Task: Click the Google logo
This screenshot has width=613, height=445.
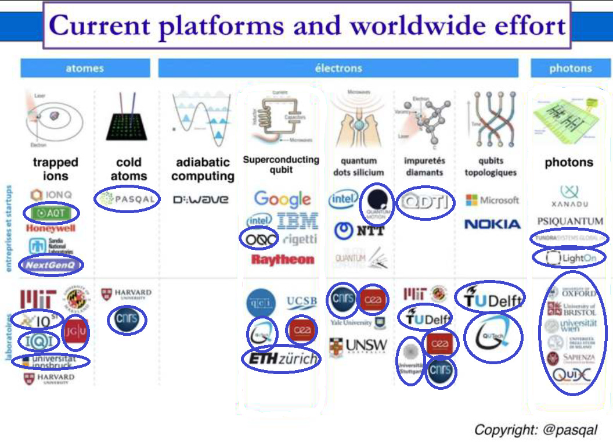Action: pos(282,200)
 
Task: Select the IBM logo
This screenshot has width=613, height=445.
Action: pos(297,221)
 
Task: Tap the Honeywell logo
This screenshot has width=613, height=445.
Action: pos(51,228)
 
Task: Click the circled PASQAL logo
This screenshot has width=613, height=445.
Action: pos(127,199)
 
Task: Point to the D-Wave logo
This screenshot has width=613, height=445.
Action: pos(201,200)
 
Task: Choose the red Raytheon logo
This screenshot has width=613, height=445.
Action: pos(283,259)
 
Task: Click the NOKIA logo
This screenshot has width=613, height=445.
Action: pos(492,224)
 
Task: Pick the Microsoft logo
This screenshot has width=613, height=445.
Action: pos(492,200)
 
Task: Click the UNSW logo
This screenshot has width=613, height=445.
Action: pos(358,346)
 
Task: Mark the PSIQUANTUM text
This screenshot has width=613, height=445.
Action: pos(570,221)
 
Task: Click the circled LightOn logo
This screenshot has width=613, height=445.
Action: pos(568,258)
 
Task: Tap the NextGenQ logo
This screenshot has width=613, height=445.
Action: pos(51,265)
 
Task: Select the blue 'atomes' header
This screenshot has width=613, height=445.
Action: pos(85,68)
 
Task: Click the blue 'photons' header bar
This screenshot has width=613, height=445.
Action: pos(570,68)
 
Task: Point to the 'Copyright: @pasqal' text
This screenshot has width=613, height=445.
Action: pos(535,430)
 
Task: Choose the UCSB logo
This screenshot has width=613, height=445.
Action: pos(302,302)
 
